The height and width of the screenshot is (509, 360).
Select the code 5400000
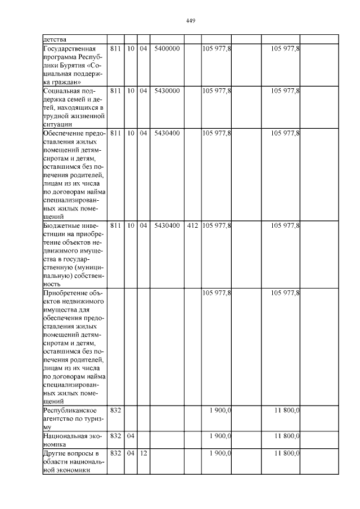click(x=167, y=49)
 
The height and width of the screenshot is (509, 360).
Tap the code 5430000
click(x=167, y=91)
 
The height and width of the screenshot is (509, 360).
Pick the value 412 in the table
click(x=192, y=226)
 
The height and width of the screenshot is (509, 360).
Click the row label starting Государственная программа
click(x=74, y=65)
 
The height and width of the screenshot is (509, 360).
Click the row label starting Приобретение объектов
click(x=74, y=347)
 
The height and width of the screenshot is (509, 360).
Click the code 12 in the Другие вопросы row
click(x=143, y=453)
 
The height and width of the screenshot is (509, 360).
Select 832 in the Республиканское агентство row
click(x=115, y=411)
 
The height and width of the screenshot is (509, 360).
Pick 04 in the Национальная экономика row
click(x=130, y=436)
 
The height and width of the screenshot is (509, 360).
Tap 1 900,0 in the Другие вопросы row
click(x=220, y=453)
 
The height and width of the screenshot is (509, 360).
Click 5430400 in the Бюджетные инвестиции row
click(x=167, y=226)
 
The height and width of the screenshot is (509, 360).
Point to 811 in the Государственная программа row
click(x=115, y=49)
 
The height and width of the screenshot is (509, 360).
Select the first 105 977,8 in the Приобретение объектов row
click(x=217, y=293)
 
